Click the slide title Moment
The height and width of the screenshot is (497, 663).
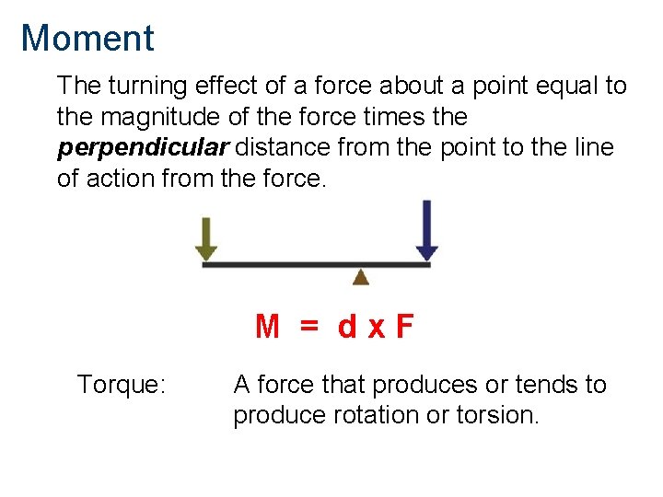point(87,39)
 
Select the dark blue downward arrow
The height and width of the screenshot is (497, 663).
point(426,231)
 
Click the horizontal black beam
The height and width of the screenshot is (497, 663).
point(316,265)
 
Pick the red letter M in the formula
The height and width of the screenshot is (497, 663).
point(267,327)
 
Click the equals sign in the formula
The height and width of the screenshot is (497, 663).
point(308,327)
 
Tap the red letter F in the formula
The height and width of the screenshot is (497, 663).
point(404,327)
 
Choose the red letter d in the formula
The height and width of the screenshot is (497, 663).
point(347,327)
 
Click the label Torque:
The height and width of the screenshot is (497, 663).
point(122,385)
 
